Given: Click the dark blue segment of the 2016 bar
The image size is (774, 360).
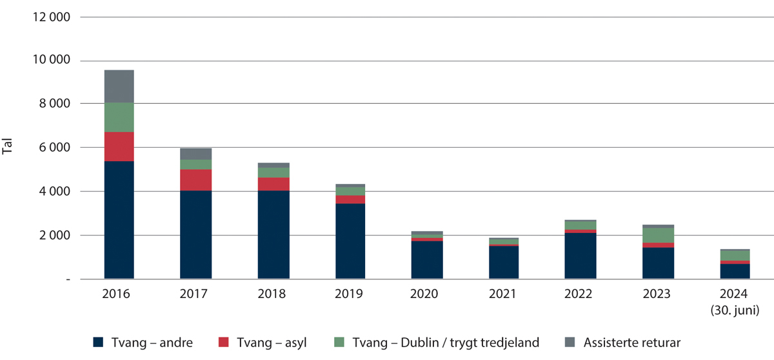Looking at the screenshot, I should click(x=119, y=220).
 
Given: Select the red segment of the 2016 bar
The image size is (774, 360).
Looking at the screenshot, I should click(x=119, y=146).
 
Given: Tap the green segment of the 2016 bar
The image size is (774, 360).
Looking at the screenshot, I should click(x=119, y=117).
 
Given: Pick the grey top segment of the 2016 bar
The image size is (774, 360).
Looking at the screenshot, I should click(x=119, y=86).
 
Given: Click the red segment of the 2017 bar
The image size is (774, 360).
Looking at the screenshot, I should click(x=195, y=180).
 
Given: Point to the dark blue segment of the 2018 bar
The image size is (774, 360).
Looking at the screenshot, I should click(x=273, y=235).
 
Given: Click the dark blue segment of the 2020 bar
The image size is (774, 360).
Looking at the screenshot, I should click(x=427, y=260).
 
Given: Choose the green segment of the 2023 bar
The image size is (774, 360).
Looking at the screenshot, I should click(x=658, y=235).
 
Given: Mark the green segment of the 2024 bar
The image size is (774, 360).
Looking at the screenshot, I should click(x=735, y=255).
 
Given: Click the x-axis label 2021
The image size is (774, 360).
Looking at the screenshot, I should click(x=503, y=294).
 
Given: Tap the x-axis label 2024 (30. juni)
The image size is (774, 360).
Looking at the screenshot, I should click(x=735, y=301).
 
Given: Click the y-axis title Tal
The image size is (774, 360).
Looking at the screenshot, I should click(x=8, y=148).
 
